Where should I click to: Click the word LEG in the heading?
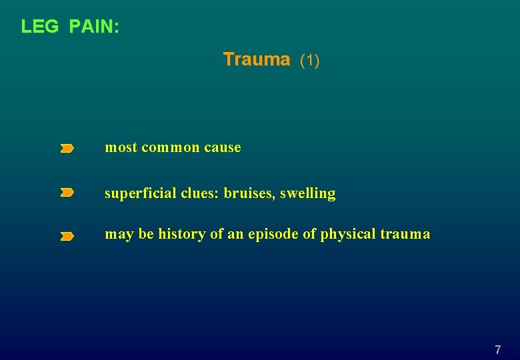[x=40, y=27]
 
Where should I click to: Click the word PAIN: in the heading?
[x=94, y=27]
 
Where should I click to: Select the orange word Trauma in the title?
[x=257, y=59]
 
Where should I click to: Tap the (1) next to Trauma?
[x=310, y=61]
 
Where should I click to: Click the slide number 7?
[x=497, y=349]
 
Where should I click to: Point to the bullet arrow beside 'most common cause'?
[x=67, y=149]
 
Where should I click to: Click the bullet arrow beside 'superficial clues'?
[x=67, y=193]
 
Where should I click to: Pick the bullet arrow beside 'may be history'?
[x=67, y=236]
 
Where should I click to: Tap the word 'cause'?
[x=223, y=148]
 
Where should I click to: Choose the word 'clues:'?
[x=200, y=193]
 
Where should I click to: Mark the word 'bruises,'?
[x=249, y=193]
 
